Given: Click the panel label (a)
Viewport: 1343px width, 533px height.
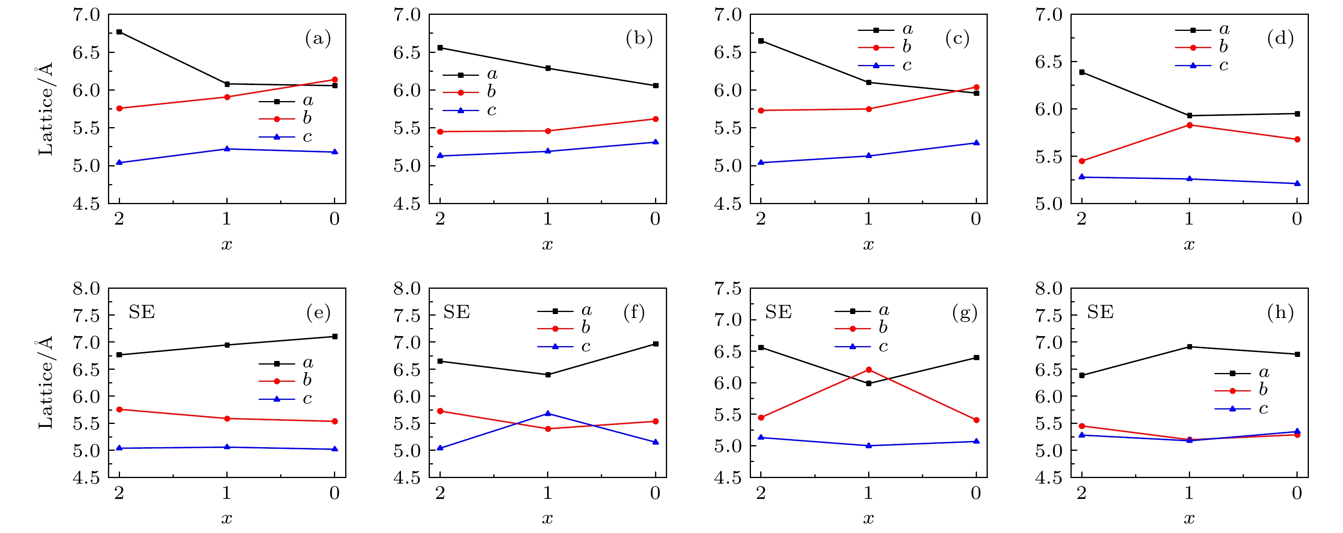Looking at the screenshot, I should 317,39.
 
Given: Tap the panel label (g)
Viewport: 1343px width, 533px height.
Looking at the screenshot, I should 965,312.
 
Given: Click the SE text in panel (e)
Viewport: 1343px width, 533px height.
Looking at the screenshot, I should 142,312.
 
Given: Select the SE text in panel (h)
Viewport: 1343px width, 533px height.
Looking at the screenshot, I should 1101,312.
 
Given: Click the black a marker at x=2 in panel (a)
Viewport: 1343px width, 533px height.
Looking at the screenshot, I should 119,32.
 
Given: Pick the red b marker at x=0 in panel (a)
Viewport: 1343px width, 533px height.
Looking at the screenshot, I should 335,80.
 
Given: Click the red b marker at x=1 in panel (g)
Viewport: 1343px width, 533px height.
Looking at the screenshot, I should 869,370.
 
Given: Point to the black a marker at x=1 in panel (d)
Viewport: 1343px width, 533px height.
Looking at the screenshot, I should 1189,116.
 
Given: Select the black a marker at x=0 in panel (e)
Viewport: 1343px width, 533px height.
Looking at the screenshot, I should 335,336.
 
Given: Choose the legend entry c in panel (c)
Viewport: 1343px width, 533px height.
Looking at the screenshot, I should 907,66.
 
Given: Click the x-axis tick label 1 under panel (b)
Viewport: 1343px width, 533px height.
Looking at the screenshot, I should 547,219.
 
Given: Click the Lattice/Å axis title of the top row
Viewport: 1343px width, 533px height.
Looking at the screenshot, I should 46,109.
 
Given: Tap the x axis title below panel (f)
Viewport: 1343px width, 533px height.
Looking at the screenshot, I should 547,519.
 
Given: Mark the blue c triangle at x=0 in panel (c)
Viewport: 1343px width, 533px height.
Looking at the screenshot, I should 977,143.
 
